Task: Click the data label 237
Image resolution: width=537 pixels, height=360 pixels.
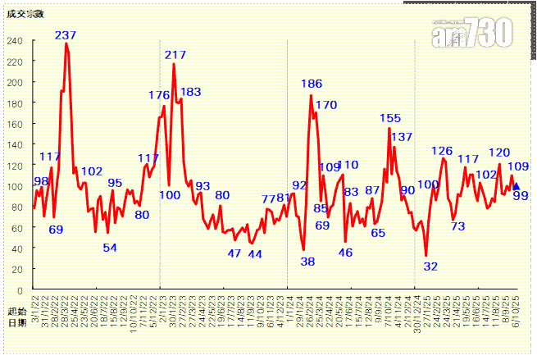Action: coord(66,35)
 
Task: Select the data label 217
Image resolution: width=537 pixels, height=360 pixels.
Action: coord(175,55)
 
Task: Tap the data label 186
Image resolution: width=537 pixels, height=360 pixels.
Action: coord(312,84)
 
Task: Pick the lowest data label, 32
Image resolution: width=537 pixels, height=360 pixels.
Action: coord(430,266)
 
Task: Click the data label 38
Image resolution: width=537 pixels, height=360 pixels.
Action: coord(307,262)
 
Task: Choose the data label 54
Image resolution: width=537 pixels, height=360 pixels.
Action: coord(109,248)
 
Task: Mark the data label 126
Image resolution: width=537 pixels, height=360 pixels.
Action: coord(442,151)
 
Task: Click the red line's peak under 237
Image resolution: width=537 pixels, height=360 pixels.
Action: coord(66,43)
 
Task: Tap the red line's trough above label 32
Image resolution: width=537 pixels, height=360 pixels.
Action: coord(426,255)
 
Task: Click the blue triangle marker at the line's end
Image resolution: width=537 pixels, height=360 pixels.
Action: coord(516,186)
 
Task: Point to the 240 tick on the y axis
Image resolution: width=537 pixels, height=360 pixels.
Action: coord(16,40)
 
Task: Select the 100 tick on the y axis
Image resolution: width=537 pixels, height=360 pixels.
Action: coord(16,186)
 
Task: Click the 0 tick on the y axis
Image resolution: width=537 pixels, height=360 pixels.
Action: coord(20,290)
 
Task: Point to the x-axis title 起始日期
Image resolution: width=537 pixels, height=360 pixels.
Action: coord(16,317)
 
